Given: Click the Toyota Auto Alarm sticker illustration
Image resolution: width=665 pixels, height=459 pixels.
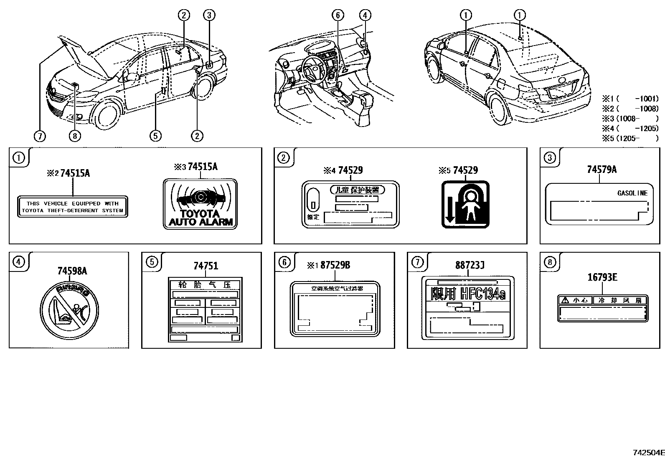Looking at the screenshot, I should tap(200, 204).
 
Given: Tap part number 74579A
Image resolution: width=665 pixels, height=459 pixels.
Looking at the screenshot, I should tap(602, 169).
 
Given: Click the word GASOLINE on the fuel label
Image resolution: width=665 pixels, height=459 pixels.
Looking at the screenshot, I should tap(632, 193).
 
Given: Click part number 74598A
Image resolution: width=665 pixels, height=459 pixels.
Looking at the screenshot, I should tap(72, 271).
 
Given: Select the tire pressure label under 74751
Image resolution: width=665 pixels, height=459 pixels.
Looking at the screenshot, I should tap(205, 310).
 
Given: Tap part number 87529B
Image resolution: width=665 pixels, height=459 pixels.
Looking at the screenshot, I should tap(335, 265).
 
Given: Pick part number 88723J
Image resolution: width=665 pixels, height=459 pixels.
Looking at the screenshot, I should tap(470, 265).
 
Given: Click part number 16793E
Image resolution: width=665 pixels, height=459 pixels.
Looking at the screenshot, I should tap(602, 277).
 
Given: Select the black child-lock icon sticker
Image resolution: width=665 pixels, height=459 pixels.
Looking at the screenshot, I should tap(465, 204).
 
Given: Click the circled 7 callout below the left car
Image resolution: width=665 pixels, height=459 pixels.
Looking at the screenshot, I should tap(40, 136).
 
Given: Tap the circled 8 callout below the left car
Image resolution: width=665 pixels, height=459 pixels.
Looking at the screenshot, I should tap(75, 136).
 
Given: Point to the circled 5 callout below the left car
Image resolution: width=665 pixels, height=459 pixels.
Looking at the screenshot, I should tap(155, 136).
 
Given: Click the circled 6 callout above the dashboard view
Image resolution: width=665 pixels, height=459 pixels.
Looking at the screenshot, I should tap(338, 15).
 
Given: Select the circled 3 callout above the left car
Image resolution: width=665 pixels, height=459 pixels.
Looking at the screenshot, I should tap(209, 15).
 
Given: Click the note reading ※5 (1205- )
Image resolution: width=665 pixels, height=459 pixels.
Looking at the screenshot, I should tap(630, 138).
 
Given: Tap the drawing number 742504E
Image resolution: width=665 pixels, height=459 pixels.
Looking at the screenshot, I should tap(648, 452).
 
